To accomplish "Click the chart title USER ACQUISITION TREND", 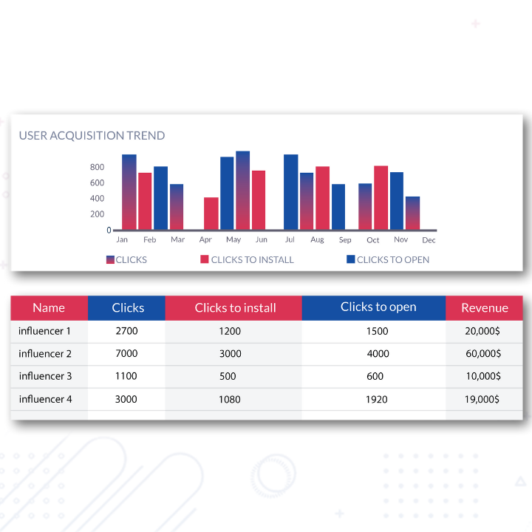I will [x=92, y=136].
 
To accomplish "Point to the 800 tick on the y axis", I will [x=97, y=167].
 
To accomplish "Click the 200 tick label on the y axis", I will [x=97, y=214].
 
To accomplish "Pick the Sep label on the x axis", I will [x=345, y=240].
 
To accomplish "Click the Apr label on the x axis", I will [x=205, y=240].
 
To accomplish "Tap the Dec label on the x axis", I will [x=429, y=240].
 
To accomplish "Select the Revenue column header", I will [x=484, y=308].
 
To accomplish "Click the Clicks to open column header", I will [x=378, y=307].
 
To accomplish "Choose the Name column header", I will [x=49, y=308].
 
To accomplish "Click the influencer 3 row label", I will [x=46, y=376].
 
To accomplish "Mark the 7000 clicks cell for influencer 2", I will [x=127, y=354].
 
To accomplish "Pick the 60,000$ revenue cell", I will [x=482, y=354].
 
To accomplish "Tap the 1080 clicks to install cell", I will [x=230, y=399].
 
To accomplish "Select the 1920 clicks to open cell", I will [x=377, y=399].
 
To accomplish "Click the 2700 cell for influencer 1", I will [x=127, y=331].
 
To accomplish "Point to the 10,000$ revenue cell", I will [x=482, y=376].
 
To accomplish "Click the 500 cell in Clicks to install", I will [x=228, y=376].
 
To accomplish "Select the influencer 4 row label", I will [x=46, y=399].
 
